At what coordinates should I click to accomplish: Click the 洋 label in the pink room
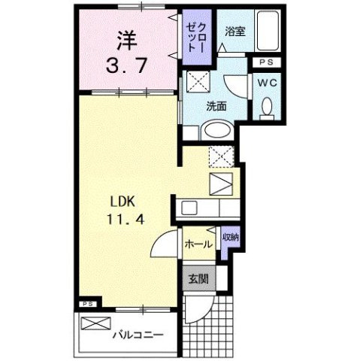coord(125,37)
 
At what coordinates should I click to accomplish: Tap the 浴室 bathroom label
coord(234,31)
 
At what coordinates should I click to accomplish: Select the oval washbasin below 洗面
coord(217,129)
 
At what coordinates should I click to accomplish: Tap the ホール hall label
coord(197,244)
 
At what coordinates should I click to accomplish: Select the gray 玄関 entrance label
coord(197,279)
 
